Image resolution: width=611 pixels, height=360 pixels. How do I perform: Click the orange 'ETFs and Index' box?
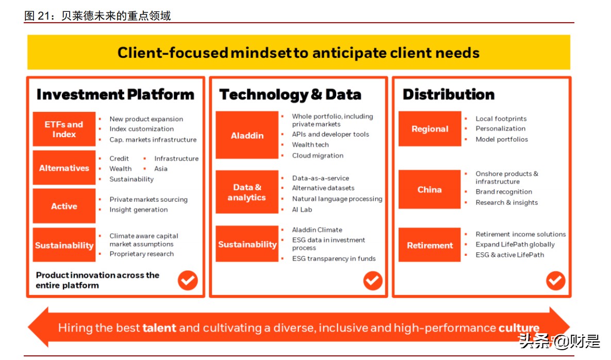pos(64,129)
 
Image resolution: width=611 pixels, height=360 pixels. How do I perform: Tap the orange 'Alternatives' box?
pos(64,168)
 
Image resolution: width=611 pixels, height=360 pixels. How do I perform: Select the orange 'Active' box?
pos(64,206)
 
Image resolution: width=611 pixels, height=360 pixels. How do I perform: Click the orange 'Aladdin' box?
pos(247,135)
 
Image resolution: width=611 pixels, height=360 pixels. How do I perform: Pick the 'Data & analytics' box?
pos(247,192)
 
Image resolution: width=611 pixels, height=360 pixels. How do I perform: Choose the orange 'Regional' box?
pos(430,129)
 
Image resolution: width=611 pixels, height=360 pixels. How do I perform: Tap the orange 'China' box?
pos(430,189)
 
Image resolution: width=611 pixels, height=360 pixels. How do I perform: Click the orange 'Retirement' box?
pos(430,245)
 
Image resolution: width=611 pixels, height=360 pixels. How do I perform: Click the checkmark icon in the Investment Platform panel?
pos(188,281)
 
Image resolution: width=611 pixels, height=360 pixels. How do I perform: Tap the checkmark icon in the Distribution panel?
pos(555,281)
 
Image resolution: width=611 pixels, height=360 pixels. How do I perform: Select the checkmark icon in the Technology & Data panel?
pos(372,281)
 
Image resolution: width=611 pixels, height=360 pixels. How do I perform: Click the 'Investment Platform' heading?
pos(115,94)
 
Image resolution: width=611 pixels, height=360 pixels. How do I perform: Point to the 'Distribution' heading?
pos(448,94)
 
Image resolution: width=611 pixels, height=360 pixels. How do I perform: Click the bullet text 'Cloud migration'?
pos(318,155)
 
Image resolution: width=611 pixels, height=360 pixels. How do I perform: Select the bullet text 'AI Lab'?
pos(302,209)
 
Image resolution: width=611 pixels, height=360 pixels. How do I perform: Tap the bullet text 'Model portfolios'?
pos(502,139)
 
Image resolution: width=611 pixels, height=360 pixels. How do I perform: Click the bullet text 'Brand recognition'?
pos(504,192)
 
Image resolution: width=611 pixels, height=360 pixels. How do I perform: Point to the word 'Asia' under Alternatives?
pos(161,169)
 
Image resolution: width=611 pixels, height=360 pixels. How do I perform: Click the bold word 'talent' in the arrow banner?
pos(159,328)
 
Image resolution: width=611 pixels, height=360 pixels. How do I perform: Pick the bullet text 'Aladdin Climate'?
pos(317,230)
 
